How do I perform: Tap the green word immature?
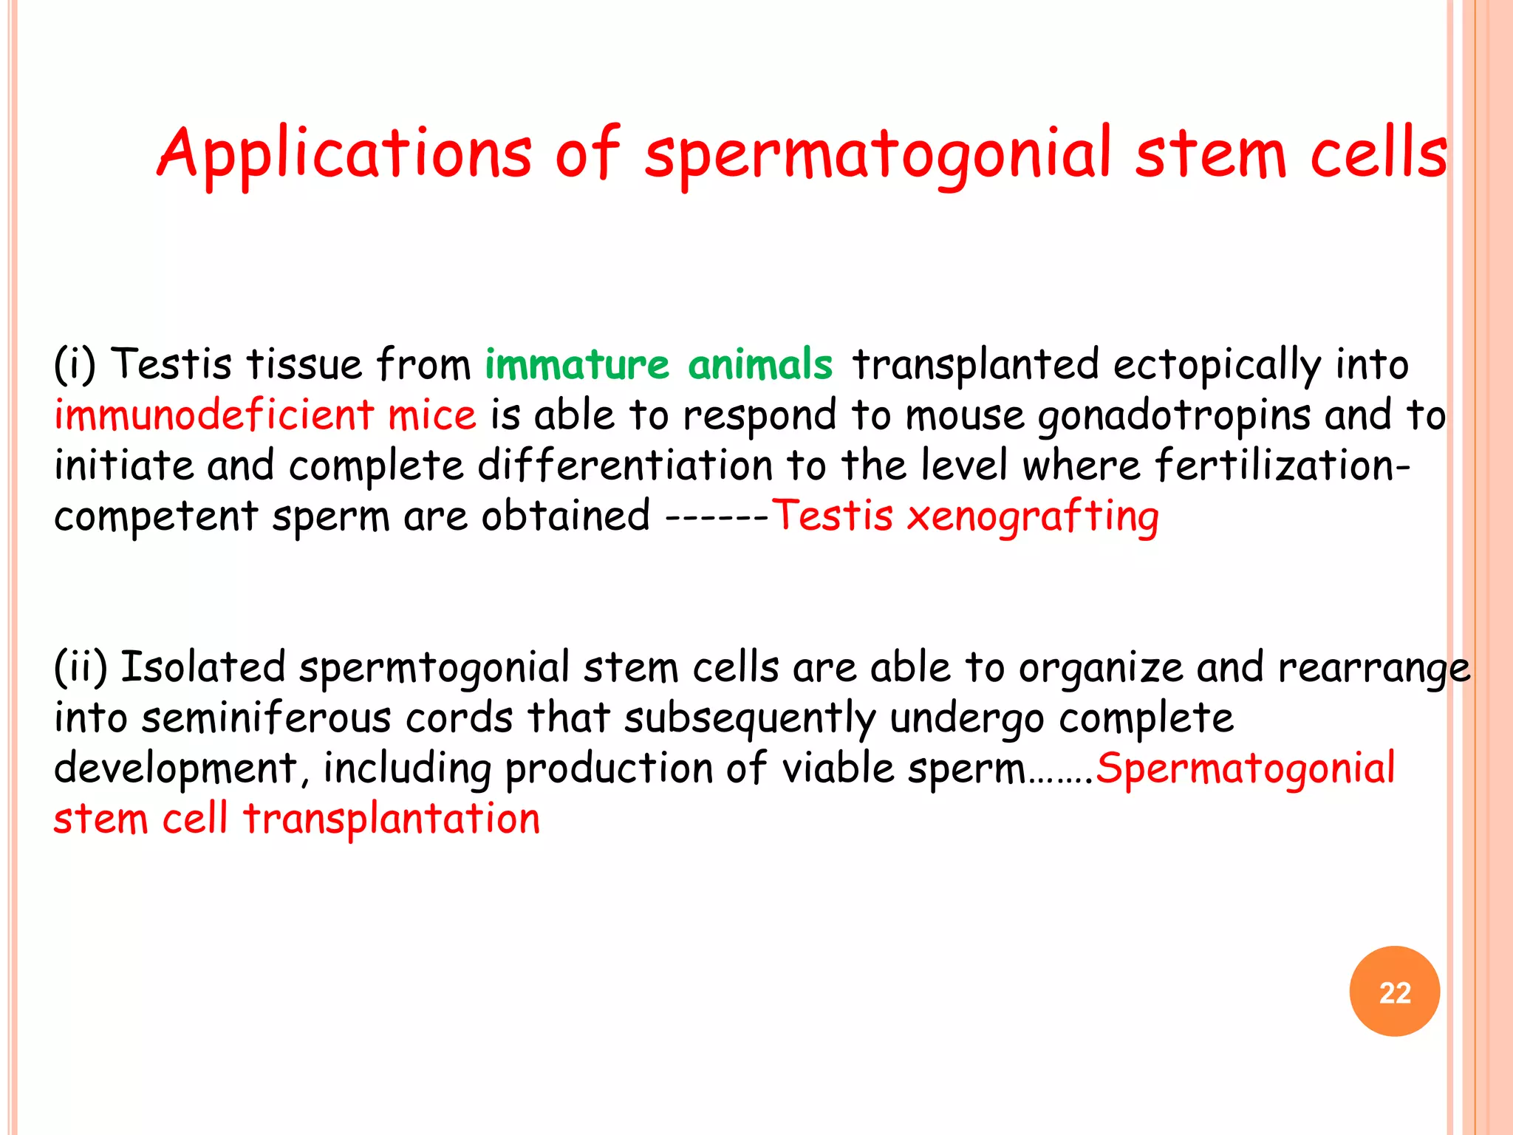click(x=577, y=364)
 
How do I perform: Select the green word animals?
click(x=760, y=364)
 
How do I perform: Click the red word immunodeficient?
click(x=214, y=415)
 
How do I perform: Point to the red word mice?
click(x=432, y=415)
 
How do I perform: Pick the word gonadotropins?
click(x=1174, y=416)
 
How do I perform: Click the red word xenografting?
click(x=1033, y=516)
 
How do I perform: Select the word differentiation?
click(x=625, y=466)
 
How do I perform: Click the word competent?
click(x=156, y=517)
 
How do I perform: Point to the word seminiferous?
click(x=267, y=718)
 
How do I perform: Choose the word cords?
click(x=459, y=718)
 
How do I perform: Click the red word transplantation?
click(x=392, y=819)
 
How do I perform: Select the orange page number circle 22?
click(x=1394, y=991)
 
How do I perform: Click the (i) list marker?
click(x=75, y=364)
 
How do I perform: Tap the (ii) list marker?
click(x=81, y=667)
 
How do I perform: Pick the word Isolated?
click(x=203, y=667)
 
